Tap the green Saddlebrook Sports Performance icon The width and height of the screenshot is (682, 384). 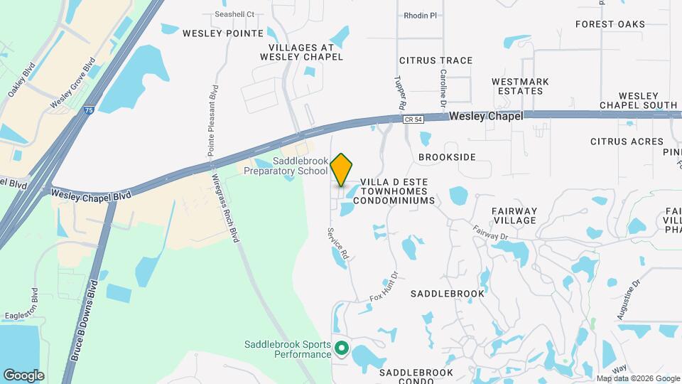[341, 348]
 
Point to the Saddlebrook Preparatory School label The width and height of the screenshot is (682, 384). [286, 166]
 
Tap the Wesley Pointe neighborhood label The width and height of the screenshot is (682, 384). [223, 33]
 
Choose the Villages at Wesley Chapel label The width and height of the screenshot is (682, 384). [301, 51]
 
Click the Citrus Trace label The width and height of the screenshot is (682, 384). [435, 60]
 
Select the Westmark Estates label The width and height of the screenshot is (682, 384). [520, 86]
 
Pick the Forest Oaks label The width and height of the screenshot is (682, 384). [610, 24]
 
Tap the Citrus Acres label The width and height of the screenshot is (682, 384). [627, 142]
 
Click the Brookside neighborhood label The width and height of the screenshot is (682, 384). [447, 156]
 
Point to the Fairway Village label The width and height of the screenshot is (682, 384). [514, 215]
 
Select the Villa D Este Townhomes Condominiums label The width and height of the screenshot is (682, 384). [394, 191]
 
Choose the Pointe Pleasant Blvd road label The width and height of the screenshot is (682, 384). [212, 121]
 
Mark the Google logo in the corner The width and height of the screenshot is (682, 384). [23, 375]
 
